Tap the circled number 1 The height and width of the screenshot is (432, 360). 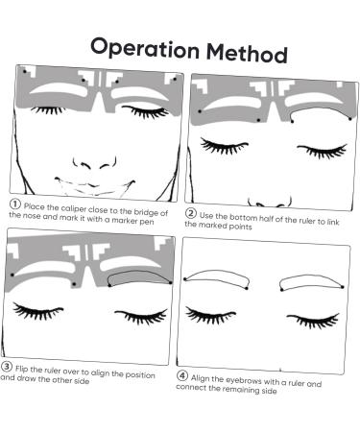(15, 204)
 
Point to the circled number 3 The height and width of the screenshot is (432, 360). (7, 366)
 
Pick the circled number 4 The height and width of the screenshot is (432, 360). (183, 375)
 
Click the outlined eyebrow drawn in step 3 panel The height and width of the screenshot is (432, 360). (140, 278)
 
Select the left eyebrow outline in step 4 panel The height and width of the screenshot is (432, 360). (216, 278)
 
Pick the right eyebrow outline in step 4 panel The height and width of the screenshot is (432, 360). (311, 280)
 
